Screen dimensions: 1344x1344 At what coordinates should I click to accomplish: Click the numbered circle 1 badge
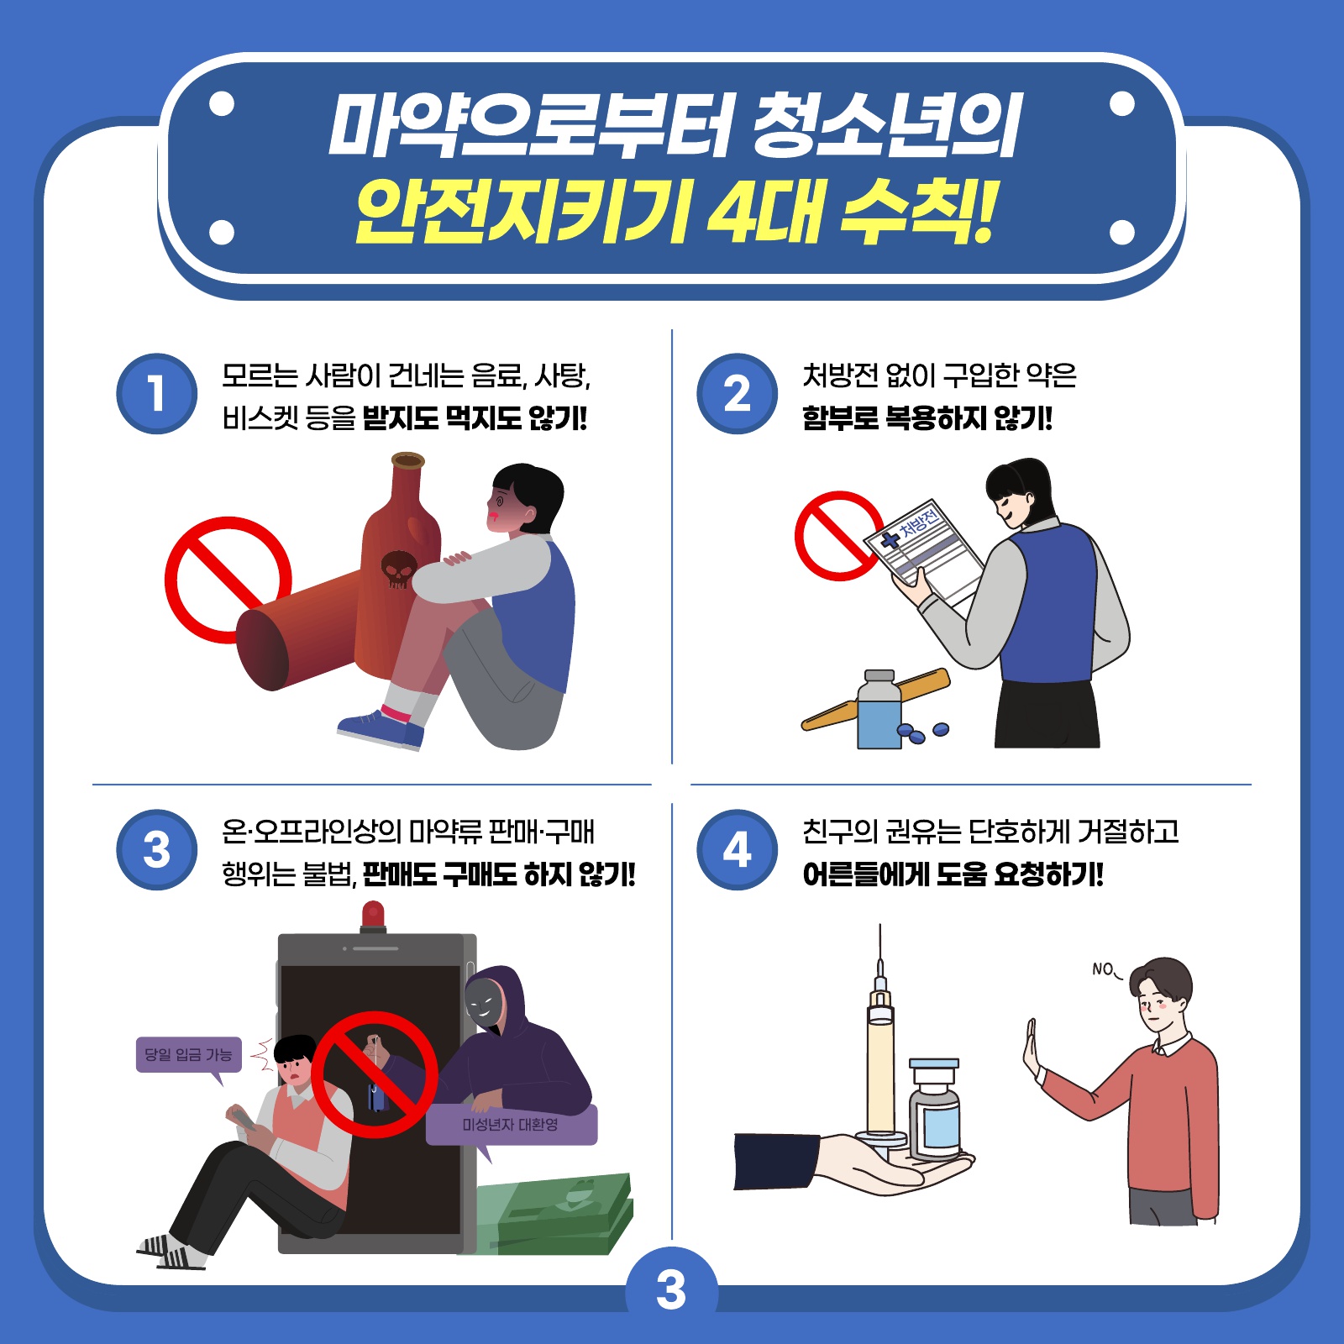pyautogui.click(x=157, y=394)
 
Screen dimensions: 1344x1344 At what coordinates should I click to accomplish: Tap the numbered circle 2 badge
pyautogui.click(x=738, y=394)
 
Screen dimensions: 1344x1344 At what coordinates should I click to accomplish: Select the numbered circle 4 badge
pyautogui.click(x=738, y=850)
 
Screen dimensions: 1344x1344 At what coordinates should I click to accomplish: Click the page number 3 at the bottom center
pyautogui.click(x=671, y=1290)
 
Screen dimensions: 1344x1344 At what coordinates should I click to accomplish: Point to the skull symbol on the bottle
pyautogui.click(x=398, y=569)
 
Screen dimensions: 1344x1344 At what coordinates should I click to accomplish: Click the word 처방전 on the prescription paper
pyautogui.click(x=918, y=522)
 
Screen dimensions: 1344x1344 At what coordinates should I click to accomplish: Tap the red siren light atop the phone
pyautogui.click(x=373, y=916)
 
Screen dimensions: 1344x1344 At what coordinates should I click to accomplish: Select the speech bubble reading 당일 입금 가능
pyautogui.click(x=189, y=1057)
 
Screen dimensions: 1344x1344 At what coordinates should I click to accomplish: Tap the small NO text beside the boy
pyautogui.click(x=1103, y=969)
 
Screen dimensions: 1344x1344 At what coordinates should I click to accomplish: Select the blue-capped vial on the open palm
pyautogui.click(x=934, y=1108)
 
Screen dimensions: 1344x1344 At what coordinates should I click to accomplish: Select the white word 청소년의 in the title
pyautogui.click(x=886, y=125)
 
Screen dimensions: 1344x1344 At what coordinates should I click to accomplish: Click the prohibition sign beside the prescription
pyautogui.click(x=838, y=536)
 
